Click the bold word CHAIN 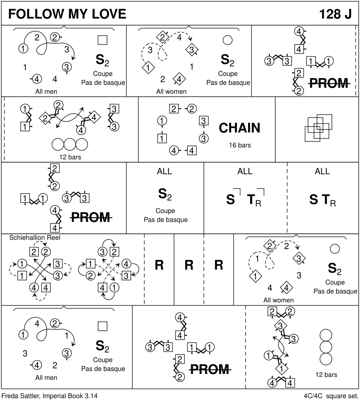240,128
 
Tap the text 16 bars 240,145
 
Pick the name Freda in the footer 11,396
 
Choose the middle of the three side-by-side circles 70,144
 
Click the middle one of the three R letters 189,265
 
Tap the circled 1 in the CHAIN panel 162,121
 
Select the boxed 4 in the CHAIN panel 192,151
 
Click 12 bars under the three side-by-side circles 70,157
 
